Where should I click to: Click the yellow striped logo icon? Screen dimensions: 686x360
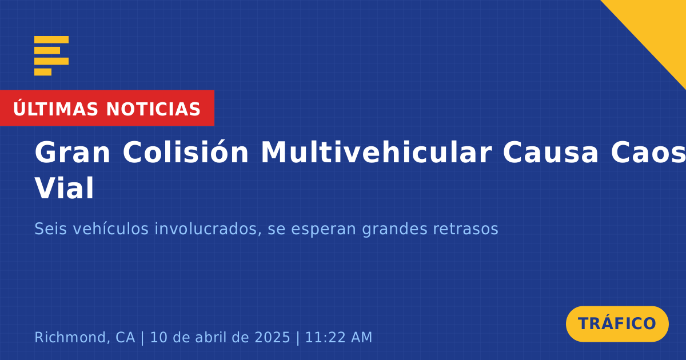pyautogui.click(x=51, y=56)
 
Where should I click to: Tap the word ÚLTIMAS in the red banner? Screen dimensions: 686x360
pyautogui.click(x=55, y=109)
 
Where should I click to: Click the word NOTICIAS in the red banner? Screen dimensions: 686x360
pyautogui.click(x=153, y=109)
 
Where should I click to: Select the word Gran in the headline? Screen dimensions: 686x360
pyautogui.click(x=72, y=153)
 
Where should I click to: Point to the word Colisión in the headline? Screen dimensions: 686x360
pyautogui.click(x=186, y=152)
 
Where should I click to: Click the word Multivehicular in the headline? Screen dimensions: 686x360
pyautogui.click(x=376, y=152)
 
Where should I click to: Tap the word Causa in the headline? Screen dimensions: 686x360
pyautogui.click(x=551, y=153)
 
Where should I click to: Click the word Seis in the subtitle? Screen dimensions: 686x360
pyautogui.click(x=50, y=229)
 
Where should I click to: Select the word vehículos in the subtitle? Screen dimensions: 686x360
pyautogui.click(x=110, y=229)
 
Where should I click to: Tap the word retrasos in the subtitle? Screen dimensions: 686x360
pyautogui.click(x=465, y=229)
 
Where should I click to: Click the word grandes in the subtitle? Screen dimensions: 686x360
pyautogui.click(x=395, y=230)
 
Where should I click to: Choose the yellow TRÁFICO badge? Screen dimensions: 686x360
pyautogui.click(x=617, y=324)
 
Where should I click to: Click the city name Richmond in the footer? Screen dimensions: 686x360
pyautogui.click(x=72, y=337)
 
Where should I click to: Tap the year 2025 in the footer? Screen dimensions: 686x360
pyautogui.click(x=272, y=338)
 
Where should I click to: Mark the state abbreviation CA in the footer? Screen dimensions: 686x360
pyautogui.click(x=125, y=338)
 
